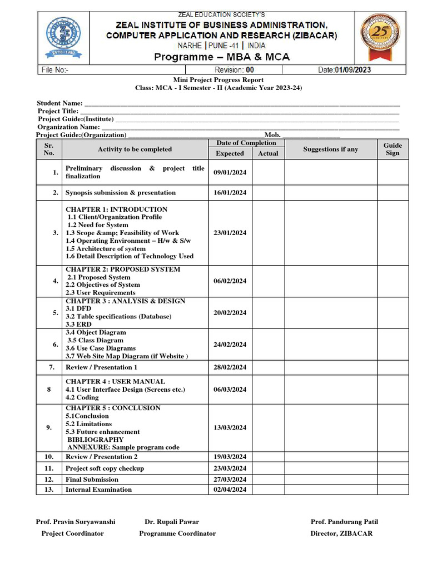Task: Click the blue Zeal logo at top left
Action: pos(63,37)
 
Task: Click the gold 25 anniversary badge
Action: pos(380,37)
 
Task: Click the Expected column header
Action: pos(230,153)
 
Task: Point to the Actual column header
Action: pos(268,153)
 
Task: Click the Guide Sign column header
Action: pos(393,149)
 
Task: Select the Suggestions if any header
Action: pos(330,149)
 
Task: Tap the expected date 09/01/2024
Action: pos(230,172)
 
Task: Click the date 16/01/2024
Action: pos(230,193)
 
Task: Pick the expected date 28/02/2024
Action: pos(230,367)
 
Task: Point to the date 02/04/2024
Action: pos(230,490)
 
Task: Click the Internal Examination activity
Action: pos(98,490)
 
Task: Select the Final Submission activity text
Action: pos(92,479)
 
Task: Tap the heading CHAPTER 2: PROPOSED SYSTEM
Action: pos(123,269)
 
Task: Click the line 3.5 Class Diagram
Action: pos(95,340)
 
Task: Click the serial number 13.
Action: pos(49,490)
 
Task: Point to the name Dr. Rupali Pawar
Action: pos(172,522)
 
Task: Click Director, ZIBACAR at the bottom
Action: pos(341,533)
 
